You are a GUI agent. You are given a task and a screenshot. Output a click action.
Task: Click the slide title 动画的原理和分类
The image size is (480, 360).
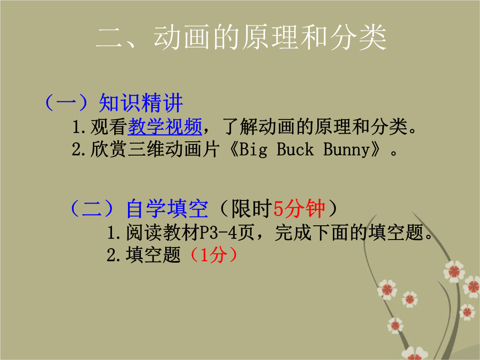point(270,37)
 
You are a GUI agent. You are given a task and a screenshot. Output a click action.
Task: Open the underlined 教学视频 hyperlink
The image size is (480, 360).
point(165,126)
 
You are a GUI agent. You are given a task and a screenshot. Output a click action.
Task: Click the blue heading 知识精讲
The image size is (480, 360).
point(141,103)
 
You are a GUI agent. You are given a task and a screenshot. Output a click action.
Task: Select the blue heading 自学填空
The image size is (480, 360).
point(168,209)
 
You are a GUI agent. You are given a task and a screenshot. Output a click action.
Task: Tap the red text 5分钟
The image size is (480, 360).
point(299,209)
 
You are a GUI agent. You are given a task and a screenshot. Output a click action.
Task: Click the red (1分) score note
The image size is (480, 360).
point(213,255)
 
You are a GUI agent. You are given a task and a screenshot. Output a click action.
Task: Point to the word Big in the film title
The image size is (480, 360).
point(253,150)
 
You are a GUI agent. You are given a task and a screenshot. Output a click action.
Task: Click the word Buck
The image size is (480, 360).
point(295,150)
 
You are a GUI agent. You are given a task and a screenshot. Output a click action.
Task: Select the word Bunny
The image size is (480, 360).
point(347,150)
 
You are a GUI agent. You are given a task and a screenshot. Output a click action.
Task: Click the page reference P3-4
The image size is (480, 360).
point(218,232)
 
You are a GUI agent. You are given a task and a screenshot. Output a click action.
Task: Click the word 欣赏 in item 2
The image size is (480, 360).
point(109,149)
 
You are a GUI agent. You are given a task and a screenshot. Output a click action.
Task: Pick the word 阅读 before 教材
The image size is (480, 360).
point(144,232)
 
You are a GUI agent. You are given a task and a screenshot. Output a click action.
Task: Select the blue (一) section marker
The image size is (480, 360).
point(66,103)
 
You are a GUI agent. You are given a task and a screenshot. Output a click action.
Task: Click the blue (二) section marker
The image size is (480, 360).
point(92,209)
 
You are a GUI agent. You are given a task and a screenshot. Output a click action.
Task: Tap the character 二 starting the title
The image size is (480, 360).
point(109,38)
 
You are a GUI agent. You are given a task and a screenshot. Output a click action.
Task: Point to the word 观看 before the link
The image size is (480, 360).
point(109,126)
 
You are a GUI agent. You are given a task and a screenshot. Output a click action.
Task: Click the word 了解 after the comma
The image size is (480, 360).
point(240,126)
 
